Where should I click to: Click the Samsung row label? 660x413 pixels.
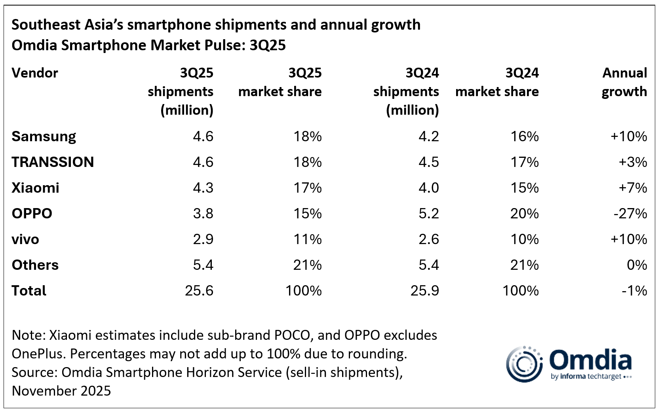[x=44, y=136]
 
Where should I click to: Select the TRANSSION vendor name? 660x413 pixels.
[x=53, y=162]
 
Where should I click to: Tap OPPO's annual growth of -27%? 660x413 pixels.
[x=630, y=214]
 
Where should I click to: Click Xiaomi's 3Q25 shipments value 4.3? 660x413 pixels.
[x=203, y=188]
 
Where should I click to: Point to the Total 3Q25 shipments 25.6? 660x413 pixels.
[x=199, y=291]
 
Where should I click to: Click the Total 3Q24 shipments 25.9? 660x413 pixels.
[x=424, y=291]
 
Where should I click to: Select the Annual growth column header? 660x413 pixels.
[x=624, y=82]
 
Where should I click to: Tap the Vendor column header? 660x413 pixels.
[x=35, y=73]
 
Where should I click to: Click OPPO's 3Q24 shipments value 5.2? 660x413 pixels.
[x=429, y=214]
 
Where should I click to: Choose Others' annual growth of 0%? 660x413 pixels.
[x=637, y=265]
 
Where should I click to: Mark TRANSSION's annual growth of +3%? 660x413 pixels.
[x=633, y=162]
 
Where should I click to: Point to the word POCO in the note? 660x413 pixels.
[x=292, y=335]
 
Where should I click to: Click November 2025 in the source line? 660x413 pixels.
[x=61, y=391]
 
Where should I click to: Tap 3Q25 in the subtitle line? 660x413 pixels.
[x=267, y=45]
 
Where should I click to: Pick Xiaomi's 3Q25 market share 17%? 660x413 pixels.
[x=307, y=188]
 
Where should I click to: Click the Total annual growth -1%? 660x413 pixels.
[x=634, y=291]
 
